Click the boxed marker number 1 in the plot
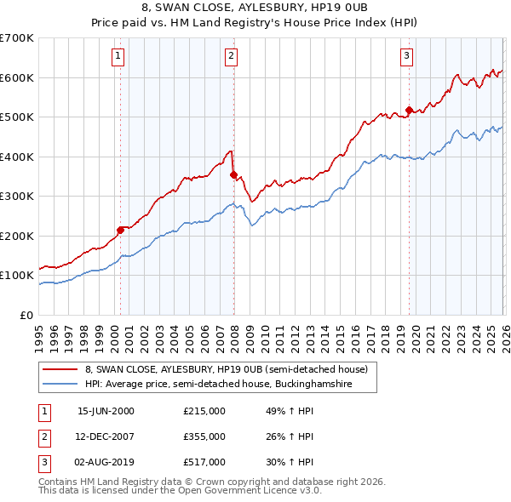[118, 57]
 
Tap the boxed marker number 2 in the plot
[231, 57]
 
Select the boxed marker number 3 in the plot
[407, 57]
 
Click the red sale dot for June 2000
[121, 228]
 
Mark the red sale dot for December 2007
[233, 174]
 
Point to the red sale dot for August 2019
[409, 110]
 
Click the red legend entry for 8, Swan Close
[226, 369]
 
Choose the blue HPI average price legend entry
[230, 385]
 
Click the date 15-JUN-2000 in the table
[106, 411]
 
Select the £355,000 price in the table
[204, 436]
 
